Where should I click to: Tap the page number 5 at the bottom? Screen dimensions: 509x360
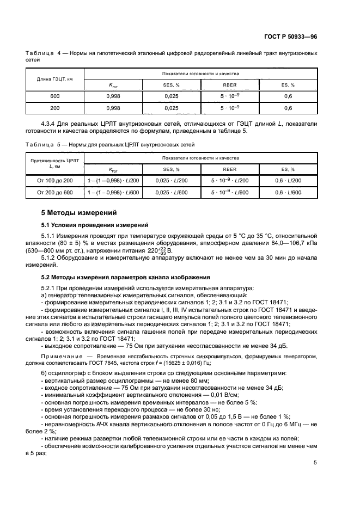click(315, 463)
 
